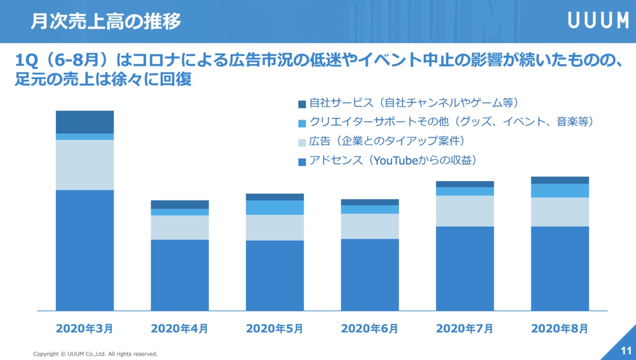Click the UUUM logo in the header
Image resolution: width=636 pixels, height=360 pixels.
[x=598, y=21]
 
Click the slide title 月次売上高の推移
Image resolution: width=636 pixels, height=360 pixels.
[x=105, y=21]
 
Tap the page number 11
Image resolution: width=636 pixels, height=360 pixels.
[x=626, y=349]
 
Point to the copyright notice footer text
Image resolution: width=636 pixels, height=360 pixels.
[x=95, y=354]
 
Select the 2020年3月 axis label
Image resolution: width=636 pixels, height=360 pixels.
[x=84, y=329]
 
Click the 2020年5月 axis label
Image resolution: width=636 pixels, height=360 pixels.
[x=275, y=329]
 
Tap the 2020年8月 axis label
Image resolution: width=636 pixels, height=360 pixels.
[x=559, y=329]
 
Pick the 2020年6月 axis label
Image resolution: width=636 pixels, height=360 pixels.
[x=370, y=329]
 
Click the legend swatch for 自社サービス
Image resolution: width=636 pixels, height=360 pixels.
[x=302, y=104]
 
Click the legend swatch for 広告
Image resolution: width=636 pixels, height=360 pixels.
[x=302, y=143]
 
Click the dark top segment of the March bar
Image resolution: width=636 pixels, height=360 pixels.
[x=84, y=122]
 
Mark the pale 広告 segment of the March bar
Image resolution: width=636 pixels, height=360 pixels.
[x=84, y=165]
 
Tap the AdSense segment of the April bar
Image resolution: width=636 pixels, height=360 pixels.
[x=180, y=275]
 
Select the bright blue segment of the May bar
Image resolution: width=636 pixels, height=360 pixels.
[x=275, y=207]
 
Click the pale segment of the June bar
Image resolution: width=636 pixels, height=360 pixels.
[x=370, y=226]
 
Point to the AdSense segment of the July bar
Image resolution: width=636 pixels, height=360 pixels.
[x=465, y=269]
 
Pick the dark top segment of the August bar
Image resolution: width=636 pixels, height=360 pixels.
[x=559, y=180]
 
